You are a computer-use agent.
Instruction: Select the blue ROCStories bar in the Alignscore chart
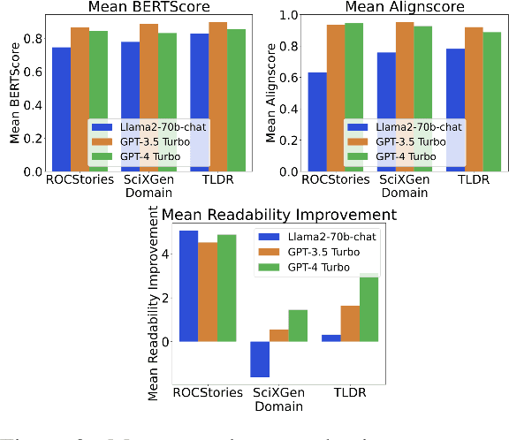pyautogui.click(x=317, y=122)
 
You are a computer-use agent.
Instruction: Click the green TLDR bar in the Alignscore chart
pyautogui.click(x=493, y=102)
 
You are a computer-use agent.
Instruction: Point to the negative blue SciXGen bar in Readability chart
pyautogui.click(x=260, y=359)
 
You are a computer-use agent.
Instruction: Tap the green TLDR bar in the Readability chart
pyautogui.click(x=369, y=308)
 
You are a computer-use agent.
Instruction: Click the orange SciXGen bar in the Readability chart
pyautogui.click(x=278, y=335)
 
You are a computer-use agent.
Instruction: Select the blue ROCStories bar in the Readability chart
pyautogui.click(x=188, y=285)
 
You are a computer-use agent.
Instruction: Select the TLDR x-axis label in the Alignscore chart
pyautogui.click(x=474, y=179)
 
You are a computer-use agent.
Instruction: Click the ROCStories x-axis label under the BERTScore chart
pyautogui.click(x=80, y=179)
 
